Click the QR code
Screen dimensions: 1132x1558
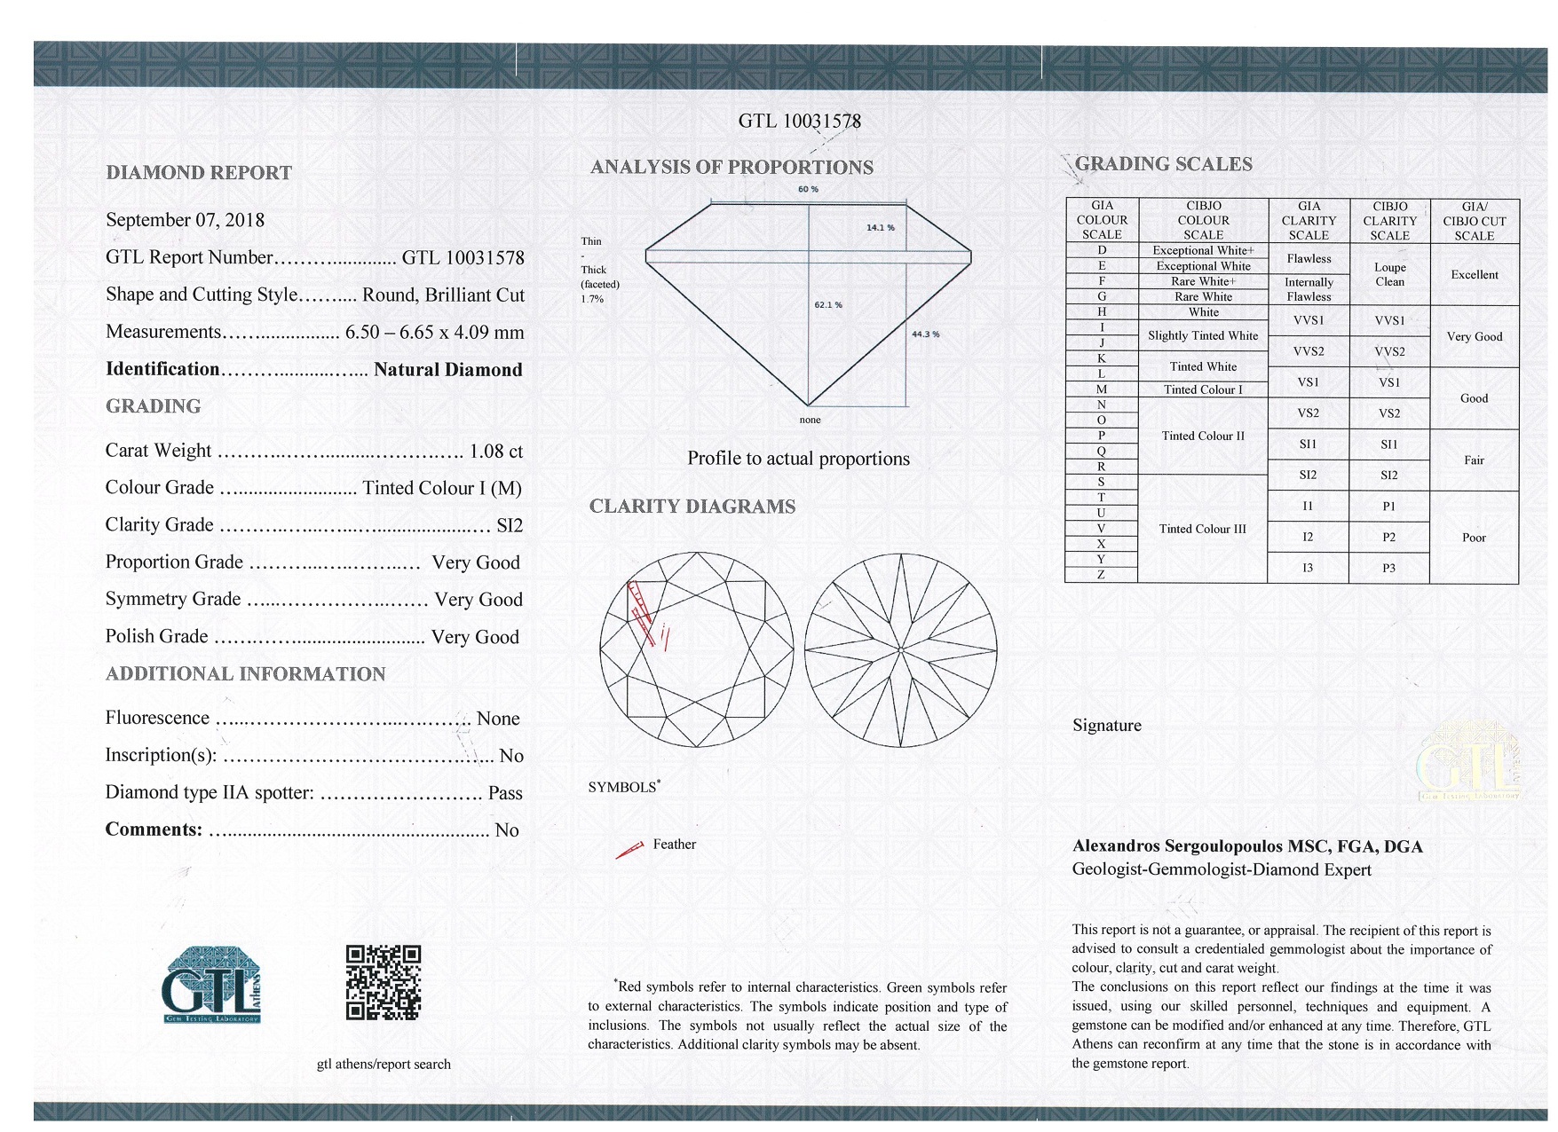point(383,982)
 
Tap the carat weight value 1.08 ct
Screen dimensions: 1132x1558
point(495,451)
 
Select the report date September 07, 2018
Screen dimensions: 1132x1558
point(185,220)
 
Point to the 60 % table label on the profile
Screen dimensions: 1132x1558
point(808,189)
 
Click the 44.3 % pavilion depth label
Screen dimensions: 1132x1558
point(925,334)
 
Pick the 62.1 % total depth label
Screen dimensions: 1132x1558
point(828,305)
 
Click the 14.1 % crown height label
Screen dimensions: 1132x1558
point(880,228)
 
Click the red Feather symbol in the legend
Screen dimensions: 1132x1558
point(629,851)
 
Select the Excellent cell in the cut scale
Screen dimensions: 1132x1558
point(1474,275)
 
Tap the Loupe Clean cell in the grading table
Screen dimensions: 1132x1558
point(1389,274)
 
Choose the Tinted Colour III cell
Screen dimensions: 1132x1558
point(1202,529)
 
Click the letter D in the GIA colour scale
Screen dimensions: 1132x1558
point(1102,250)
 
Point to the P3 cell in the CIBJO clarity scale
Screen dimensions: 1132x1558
point(1388,568)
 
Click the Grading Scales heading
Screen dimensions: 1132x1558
point(1163,164)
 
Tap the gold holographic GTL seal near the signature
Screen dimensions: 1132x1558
point(1467,762)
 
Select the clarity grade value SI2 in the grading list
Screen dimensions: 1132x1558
point(510,525)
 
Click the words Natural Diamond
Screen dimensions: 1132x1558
point(447,370)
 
